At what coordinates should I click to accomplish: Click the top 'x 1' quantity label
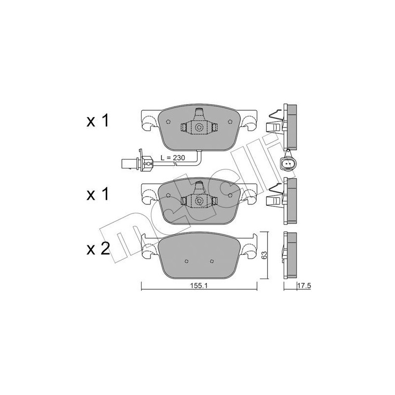point(97,121)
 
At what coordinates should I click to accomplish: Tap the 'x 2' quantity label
point(97,250)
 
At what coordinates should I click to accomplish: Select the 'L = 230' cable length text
point(172,158)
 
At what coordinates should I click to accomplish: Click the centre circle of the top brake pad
point(199,127)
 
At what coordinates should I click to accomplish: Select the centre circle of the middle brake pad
point(199,200)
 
